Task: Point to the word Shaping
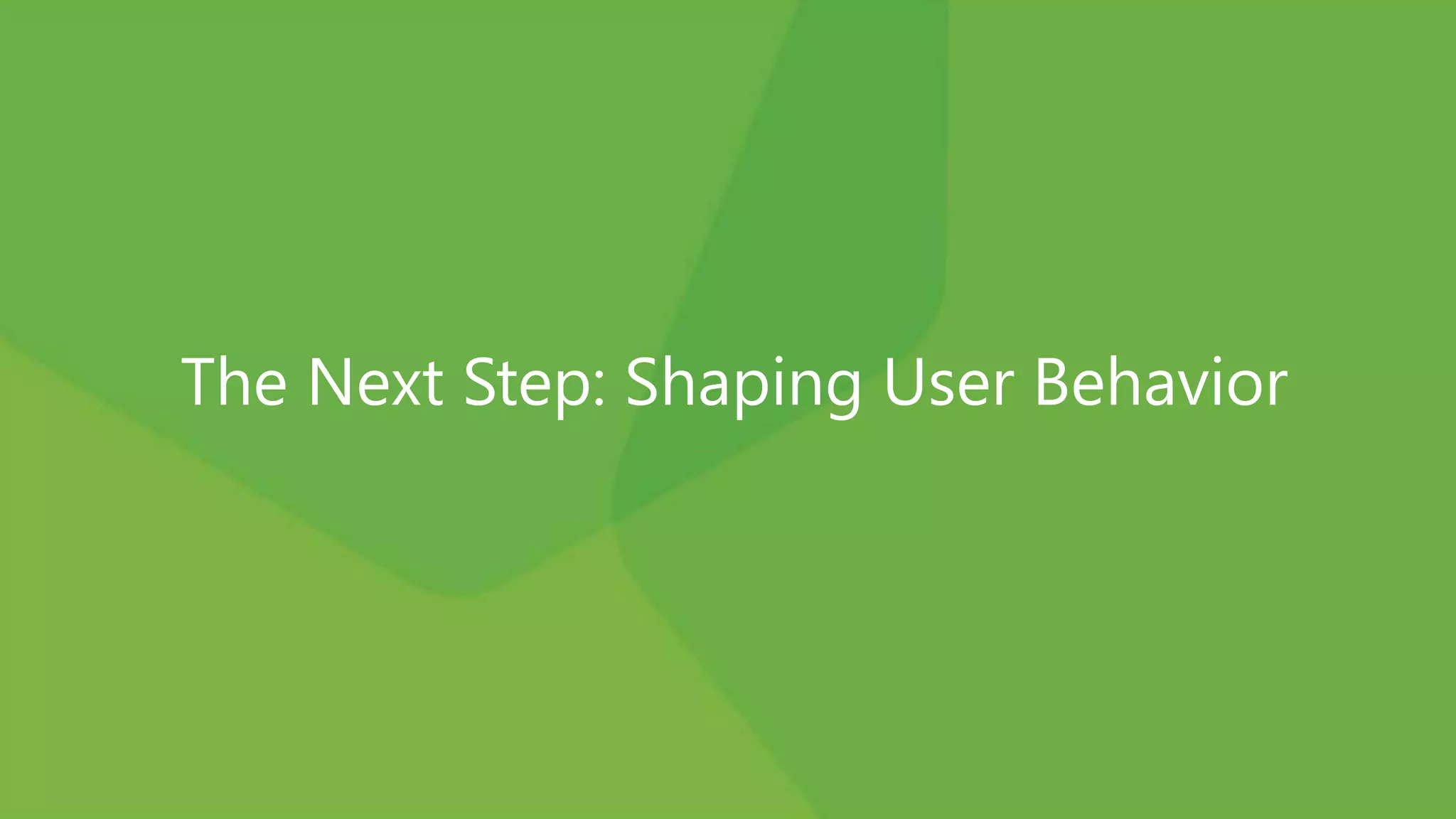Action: point(743,384)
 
